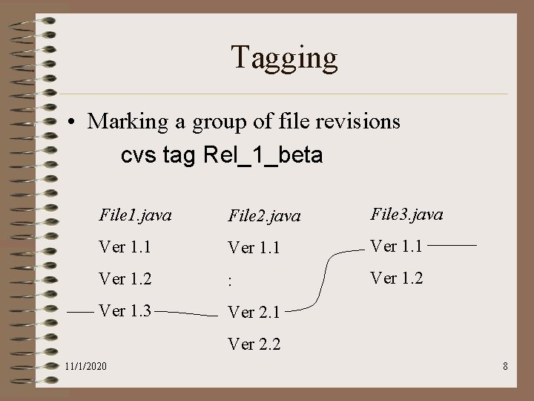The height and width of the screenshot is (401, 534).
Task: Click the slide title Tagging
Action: [284, 57]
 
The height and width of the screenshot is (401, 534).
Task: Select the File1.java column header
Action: [135, 215]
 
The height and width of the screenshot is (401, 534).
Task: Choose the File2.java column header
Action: [264, 216]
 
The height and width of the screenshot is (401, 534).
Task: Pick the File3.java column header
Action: [406, 215]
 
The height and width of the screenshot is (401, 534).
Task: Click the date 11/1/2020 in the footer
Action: [85, 367]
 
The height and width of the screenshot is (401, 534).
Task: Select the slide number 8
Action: [504, 367]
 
